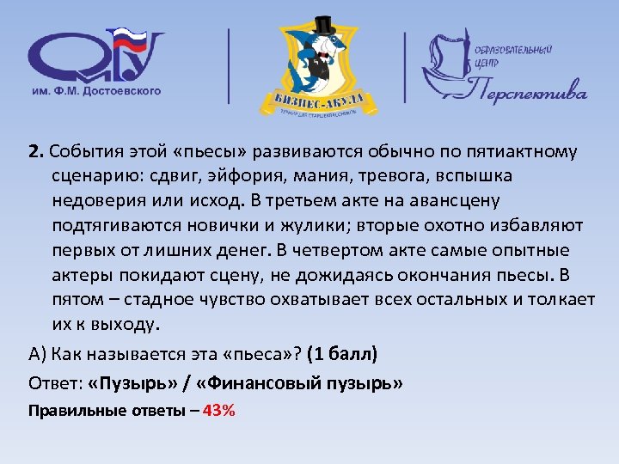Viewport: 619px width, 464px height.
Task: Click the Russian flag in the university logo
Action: tap(129, 40)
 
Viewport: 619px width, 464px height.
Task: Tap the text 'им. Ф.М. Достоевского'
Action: tap(96, 90)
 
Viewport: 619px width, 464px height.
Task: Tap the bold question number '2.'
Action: tap(36, 151)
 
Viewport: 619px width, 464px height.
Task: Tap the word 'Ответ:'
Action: tap(55, 382)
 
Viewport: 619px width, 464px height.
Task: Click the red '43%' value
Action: tap(218, 410)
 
